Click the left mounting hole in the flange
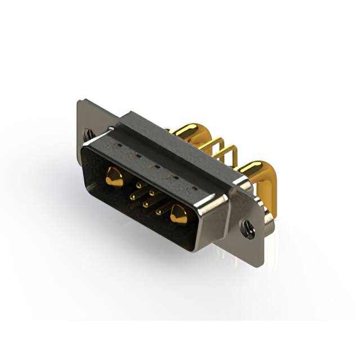click(x=89, y=134)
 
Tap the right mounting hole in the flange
click(x=247, y=228)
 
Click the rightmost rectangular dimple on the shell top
click(x=192, y=185)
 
